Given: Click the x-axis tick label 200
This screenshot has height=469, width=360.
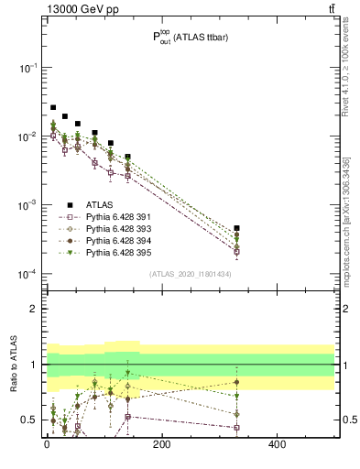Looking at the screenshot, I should [161, 445].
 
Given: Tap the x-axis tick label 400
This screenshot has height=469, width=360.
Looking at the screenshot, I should [276, 445].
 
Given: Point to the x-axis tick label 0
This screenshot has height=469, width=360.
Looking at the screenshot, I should [47, 445].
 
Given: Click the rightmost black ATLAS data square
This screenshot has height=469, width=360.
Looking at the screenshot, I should [236, 228].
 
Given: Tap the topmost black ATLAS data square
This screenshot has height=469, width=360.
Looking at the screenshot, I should [53, 107].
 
